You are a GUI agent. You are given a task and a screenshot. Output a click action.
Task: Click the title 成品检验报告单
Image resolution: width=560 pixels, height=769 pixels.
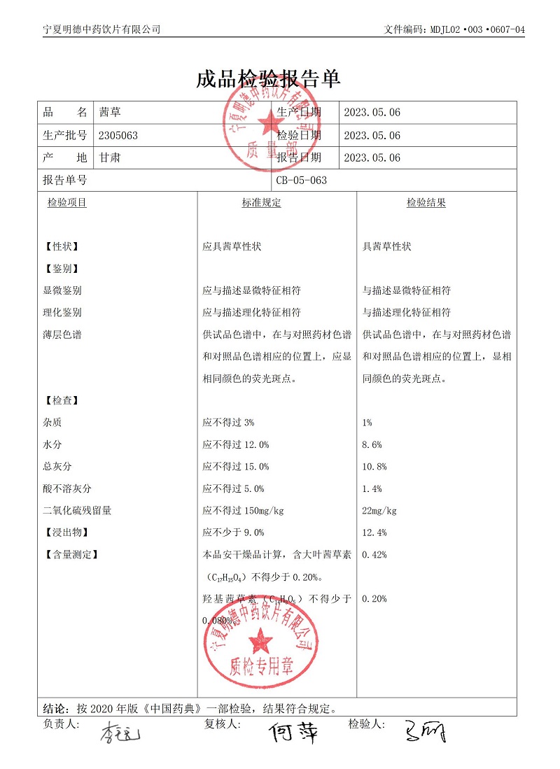tap(269, 78)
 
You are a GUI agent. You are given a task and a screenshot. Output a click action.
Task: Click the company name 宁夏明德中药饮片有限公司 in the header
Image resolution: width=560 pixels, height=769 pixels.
tap(101, 29)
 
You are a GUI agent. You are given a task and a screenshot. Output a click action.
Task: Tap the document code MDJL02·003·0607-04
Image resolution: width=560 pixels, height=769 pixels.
tap(475, 29)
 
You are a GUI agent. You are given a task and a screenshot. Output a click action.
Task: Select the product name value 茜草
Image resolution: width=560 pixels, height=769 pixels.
tap(110, 112)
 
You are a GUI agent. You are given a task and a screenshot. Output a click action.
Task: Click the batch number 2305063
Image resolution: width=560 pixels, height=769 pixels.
tap(118, 135)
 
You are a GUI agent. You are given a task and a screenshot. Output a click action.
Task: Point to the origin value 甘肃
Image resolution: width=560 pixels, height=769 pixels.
tap(110, 157)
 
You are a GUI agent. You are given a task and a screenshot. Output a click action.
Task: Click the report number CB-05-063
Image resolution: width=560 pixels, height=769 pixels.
tap(302, 180)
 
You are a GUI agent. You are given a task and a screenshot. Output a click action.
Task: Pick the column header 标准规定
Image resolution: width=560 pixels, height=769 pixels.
tap(261, 203)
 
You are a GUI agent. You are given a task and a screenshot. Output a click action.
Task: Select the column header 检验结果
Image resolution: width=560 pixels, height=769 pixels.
tap(426, 203)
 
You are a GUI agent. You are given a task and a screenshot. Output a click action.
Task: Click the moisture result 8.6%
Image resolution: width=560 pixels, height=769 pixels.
tap(372, 444)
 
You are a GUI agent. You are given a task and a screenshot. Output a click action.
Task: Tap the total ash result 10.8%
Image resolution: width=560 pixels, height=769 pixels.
tap(374, 467)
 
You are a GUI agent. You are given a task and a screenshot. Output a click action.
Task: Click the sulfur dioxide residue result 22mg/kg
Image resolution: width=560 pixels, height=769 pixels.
tap(379, 510)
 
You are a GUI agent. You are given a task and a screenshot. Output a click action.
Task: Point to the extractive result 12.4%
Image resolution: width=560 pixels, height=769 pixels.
tap(374, 532)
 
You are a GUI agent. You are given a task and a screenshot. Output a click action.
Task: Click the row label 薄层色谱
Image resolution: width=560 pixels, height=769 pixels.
tap(62, 334)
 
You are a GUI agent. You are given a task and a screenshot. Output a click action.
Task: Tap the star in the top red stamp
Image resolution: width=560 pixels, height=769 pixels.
tap(269, 125)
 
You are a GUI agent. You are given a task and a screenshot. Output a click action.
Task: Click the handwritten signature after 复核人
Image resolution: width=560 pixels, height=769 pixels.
tap(294, 732)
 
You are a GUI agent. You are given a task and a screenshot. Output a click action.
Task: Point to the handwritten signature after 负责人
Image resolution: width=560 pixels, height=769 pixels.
tap(120, 734)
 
